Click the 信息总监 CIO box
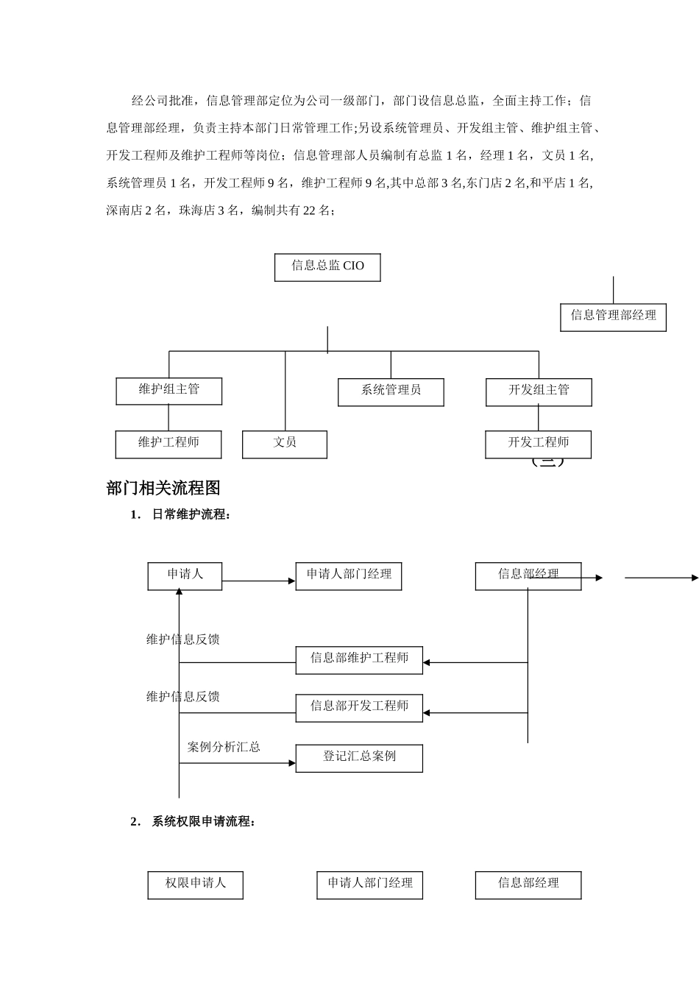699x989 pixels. tap(327, 267)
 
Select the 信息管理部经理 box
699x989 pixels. tap(613, 316)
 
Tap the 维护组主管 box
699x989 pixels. tap(168, 391)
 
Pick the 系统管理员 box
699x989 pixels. tap(391, 391)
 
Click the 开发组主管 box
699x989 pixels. tap(539, 391)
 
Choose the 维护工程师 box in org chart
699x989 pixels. tap(168, 444)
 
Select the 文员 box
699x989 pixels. tap(285, 444)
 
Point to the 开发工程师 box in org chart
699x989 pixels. tap(538, 444)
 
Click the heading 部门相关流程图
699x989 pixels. tap(163, 488)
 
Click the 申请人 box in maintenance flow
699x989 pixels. tap(185, 575)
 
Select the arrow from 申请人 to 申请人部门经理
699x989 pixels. tap(258, 581)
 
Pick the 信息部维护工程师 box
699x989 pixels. tap(359, 659)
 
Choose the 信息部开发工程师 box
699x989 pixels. tap(359, 707)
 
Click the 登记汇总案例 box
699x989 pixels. tap(359, 757)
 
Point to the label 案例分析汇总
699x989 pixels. tap(224, 747)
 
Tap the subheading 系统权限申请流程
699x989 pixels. tap(203, 821)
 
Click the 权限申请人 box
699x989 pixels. tap(195, 885)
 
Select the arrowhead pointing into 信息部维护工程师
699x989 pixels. tap(427, 663)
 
